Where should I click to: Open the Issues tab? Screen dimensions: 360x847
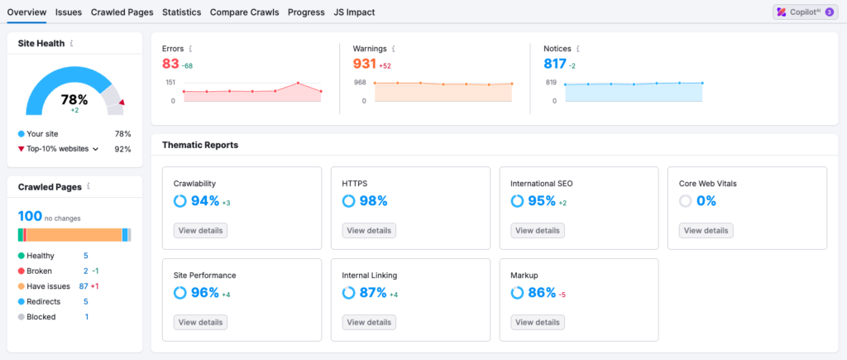(x=69, y=12)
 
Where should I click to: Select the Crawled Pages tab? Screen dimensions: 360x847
(x=122, y=12)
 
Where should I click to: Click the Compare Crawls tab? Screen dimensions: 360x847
(x=244, y=12)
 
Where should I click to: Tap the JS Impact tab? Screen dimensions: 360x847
(x=354, y=12)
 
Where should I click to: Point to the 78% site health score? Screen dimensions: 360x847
(x=74, y=99)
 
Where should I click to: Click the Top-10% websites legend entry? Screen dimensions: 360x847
(x=58, y=149)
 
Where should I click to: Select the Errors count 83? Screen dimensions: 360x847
(x=171, y=65)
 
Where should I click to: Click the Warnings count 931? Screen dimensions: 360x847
(x=364, y=65)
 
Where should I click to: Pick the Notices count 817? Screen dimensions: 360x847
(x=554, y=65)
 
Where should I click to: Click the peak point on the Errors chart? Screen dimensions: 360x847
(x=298, y=83)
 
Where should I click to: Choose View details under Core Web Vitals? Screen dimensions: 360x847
(x=706, y=231)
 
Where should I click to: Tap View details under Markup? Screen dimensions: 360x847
(x=537, y=322)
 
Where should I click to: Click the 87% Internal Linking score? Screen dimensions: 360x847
(x=372, y=292)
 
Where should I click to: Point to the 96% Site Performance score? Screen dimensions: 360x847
(x=204, y=292)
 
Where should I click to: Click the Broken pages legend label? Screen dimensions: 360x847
(x=39, y=271)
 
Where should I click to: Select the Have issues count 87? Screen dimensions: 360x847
(x=84, y=286)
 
